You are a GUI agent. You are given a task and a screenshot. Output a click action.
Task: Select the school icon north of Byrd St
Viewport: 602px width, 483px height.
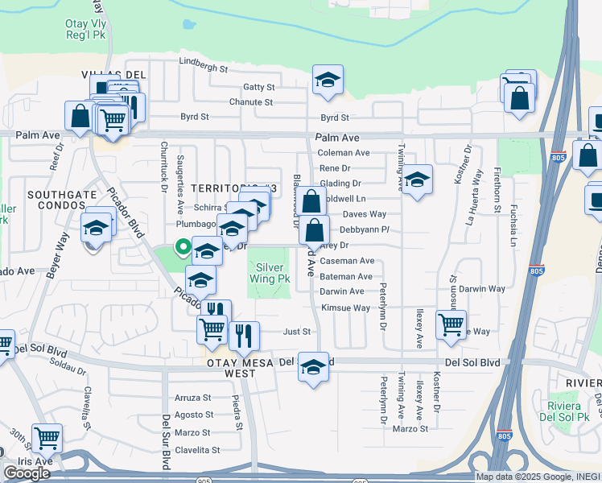pos(328,80)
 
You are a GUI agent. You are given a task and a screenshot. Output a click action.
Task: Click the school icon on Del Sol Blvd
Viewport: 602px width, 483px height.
pos(313,367)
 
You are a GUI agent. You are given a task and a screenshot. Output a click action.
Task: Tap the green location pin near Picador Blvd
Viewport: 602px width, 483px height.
pos(183,249)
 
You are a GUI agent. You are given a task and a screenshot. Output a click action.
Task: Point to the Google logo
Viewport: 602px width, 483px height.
pos(27,473)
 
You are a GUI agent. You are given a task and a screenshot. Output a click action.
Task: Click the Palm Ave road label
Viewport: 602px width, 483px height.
pos(337,138)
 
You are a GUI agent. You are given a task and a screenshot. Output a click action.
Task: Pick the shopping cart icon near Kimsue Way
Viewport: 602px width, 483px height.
pos(451,324)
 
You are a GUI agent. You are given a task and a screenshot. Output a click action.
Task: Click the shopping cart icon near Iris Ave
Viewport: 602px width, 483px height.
pos(47,438)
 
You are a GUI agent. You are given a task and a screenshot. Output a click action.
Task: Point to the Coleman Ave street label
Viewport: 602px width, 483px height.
pos(344,153)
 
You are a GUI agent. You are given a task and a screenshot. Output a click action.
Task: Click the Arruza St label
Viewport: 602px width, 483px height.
pos(193,398)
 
